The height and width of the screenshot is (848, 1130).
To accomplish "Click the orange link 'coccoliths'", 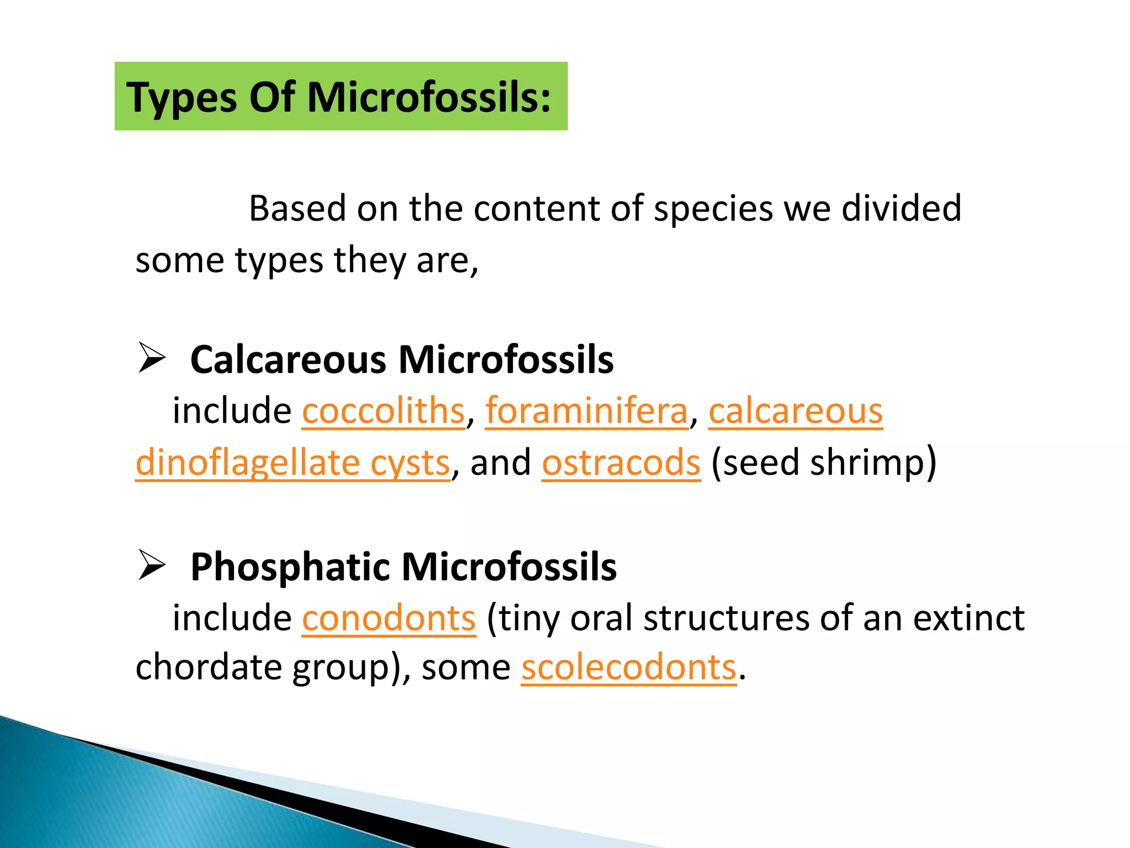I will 383,411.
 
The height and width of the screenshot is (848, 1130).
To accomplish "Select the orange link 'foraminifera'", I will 587,411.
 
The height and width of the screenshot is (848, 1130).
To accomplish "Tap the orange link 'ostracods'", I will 621,463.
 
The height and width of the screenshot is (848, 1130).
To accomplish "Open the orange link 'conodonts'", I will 388,618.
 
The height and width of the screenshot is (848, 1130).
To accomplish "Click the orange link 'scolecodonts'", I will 629,667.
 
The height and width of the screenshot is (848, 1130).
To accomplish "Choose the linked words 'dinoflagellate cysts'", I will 293,463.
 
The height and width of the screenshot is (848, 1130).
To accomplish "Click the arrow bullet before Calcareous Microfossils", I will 152,358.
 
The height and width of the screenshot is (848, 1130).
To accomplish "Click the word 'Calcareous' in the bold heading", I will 288,360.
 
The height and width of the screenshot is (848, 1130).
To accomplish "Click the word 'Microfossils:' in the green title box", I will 429,97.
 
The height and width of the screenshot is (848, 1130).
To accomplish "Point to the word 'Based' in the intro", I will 297,209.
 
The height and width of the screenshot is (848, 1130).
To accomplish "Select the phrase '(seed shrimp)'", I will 824,463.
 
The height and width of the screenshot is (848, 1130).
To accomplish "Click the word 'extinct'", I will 969,618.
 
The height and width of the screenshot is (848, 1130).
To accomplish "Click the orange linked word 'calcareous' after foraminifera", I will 796,411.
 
